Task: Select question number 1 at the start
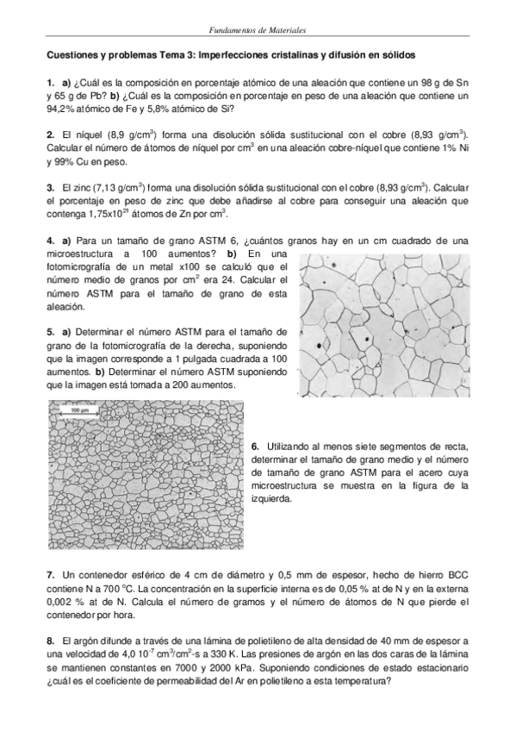pyautogui.click(x=50, y=81)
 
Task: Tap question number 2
pyautogui.click(x=50, y=134)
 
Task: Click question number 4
pyautogui.click(x=50, y=239)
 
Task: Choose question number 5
pyautogui.click(x=50, y=331)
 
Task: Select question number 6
pyautogui.click(x=256, y=447)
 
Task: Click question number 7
pyautogui.click(x=50, y=574)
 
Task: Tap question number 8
pyautogui.click(x=50, y=641)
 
